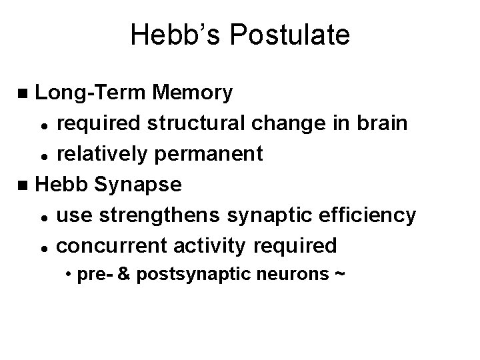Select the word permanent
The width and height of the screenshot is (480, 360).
(215, 155)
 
